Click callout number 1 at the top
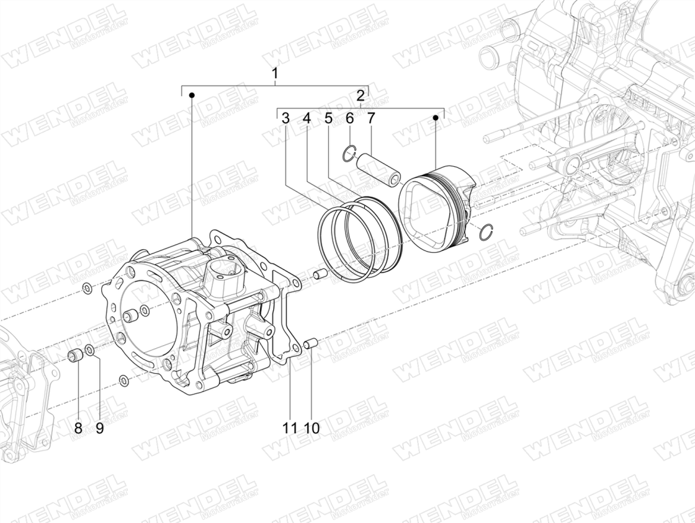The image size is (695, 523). pos(275,73)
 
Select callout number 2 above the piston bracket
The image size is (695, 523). pos(361,95)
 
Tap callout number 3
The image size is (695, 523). pos(285,118)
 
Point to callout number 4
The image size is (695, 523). pos(307,118)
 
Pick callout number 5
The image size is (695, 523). pos(328,118)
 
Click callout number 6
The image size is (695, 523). pos(349,118)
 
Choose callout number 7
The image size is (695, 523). pos(370,118)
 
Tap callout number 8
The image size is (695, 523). pos(78,428)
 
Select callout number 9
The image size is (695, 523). pos(99,428)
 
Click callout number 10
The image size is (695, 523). pos(312,428)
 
